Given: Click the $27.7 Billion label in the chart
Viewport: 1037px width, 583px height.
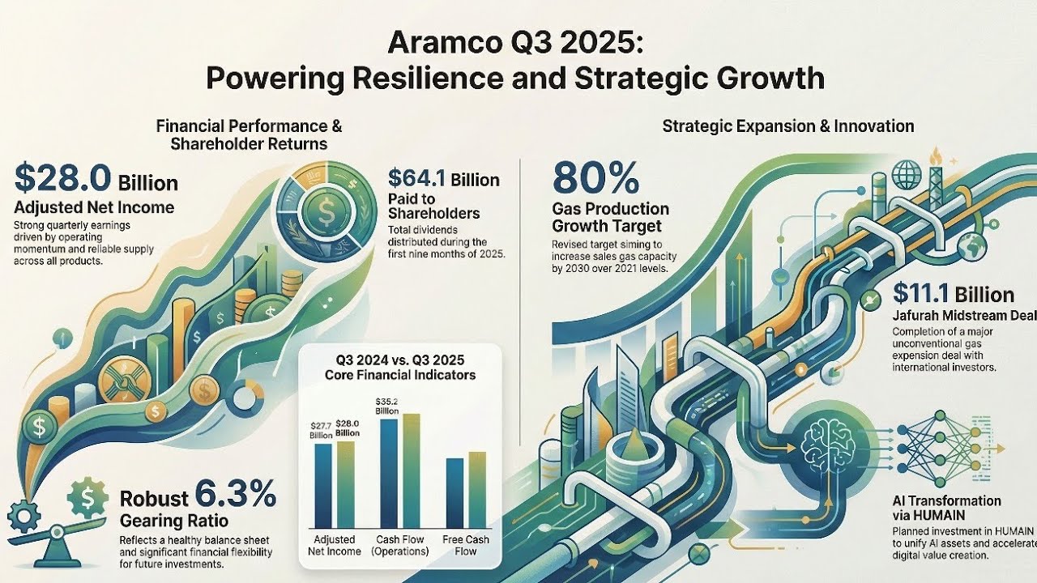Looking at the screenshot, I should [322, 430].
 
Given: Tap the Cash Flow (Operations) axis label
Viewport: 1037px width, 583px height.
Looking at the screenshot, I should [399, 545].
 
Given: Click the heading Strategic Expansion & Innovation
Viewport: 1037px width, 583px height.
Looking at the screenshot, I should [787, 126].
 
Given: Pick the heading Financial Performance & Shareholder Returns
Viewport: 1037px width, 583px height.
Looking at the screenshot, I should [249, 135].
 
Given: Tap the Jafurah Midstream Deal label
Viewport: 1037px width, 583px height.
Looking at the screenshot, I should [953, 316].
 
